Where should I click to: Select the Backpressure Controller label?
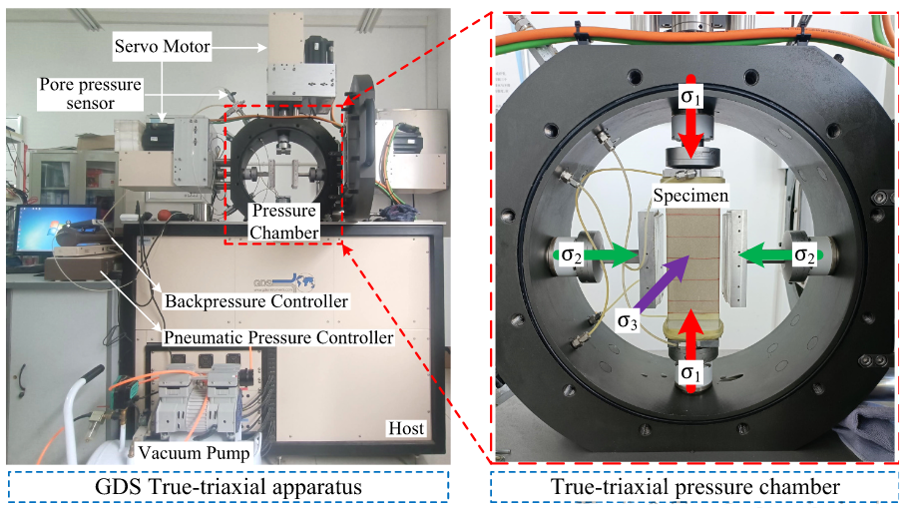pyautogui.click(x=256, y=300)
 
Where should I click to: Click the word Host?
pyautogui.click(x=406, y=429)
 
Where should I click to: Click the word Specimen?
pyautogui.click(x=690, y=192)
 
